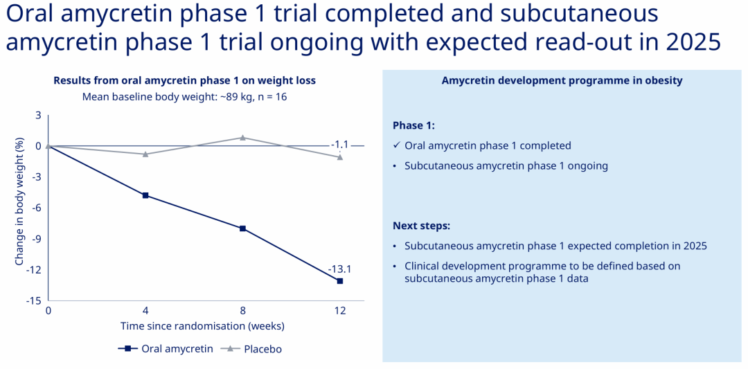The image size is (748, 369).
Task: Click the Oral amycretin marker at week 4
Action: pyautogui.click(x=145, y=195)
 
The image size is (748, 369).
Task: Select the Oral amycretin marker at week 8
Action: pyautogui.click(x=243, y=228)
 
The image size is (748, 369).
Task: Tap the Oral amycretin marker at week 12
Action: pyautogui.click(x=339, y=281)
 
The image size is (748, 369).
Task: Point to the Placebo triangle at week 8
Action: pyautogui.click(x=243, y=137)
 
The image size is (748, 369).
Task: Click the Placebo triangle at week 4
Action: pyautogui.click(x=145, y=154)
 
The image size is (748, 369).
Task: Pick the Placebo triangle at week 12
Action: pyautogui.click(x=339, y=157)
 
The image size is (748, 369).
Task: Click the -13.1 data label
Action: pyautogui.click(x=339, y=269)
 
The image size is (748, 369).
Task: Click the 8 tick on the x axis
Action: pyautogui.click(x=243, y=310)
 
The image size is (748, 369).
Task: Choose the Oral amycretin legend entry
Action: pyautogui.click(x=166, y=348)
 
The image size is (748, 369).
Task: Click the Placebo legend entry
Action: pyautogui.click(x=251, y=348)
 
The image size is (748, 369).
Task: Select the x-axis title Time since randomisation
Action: pyautogui.click(x=202, y=327)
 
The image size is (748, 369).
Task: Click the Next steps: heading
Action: pyautogui.click(x=422, y=226)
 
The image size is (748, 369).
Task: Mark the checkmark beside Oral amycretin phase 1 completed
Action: pyautogui.click(x=396, y=145)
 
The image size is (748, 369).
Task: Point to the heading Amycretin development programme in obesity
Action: pyautogui.click(x=562, y=80)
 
